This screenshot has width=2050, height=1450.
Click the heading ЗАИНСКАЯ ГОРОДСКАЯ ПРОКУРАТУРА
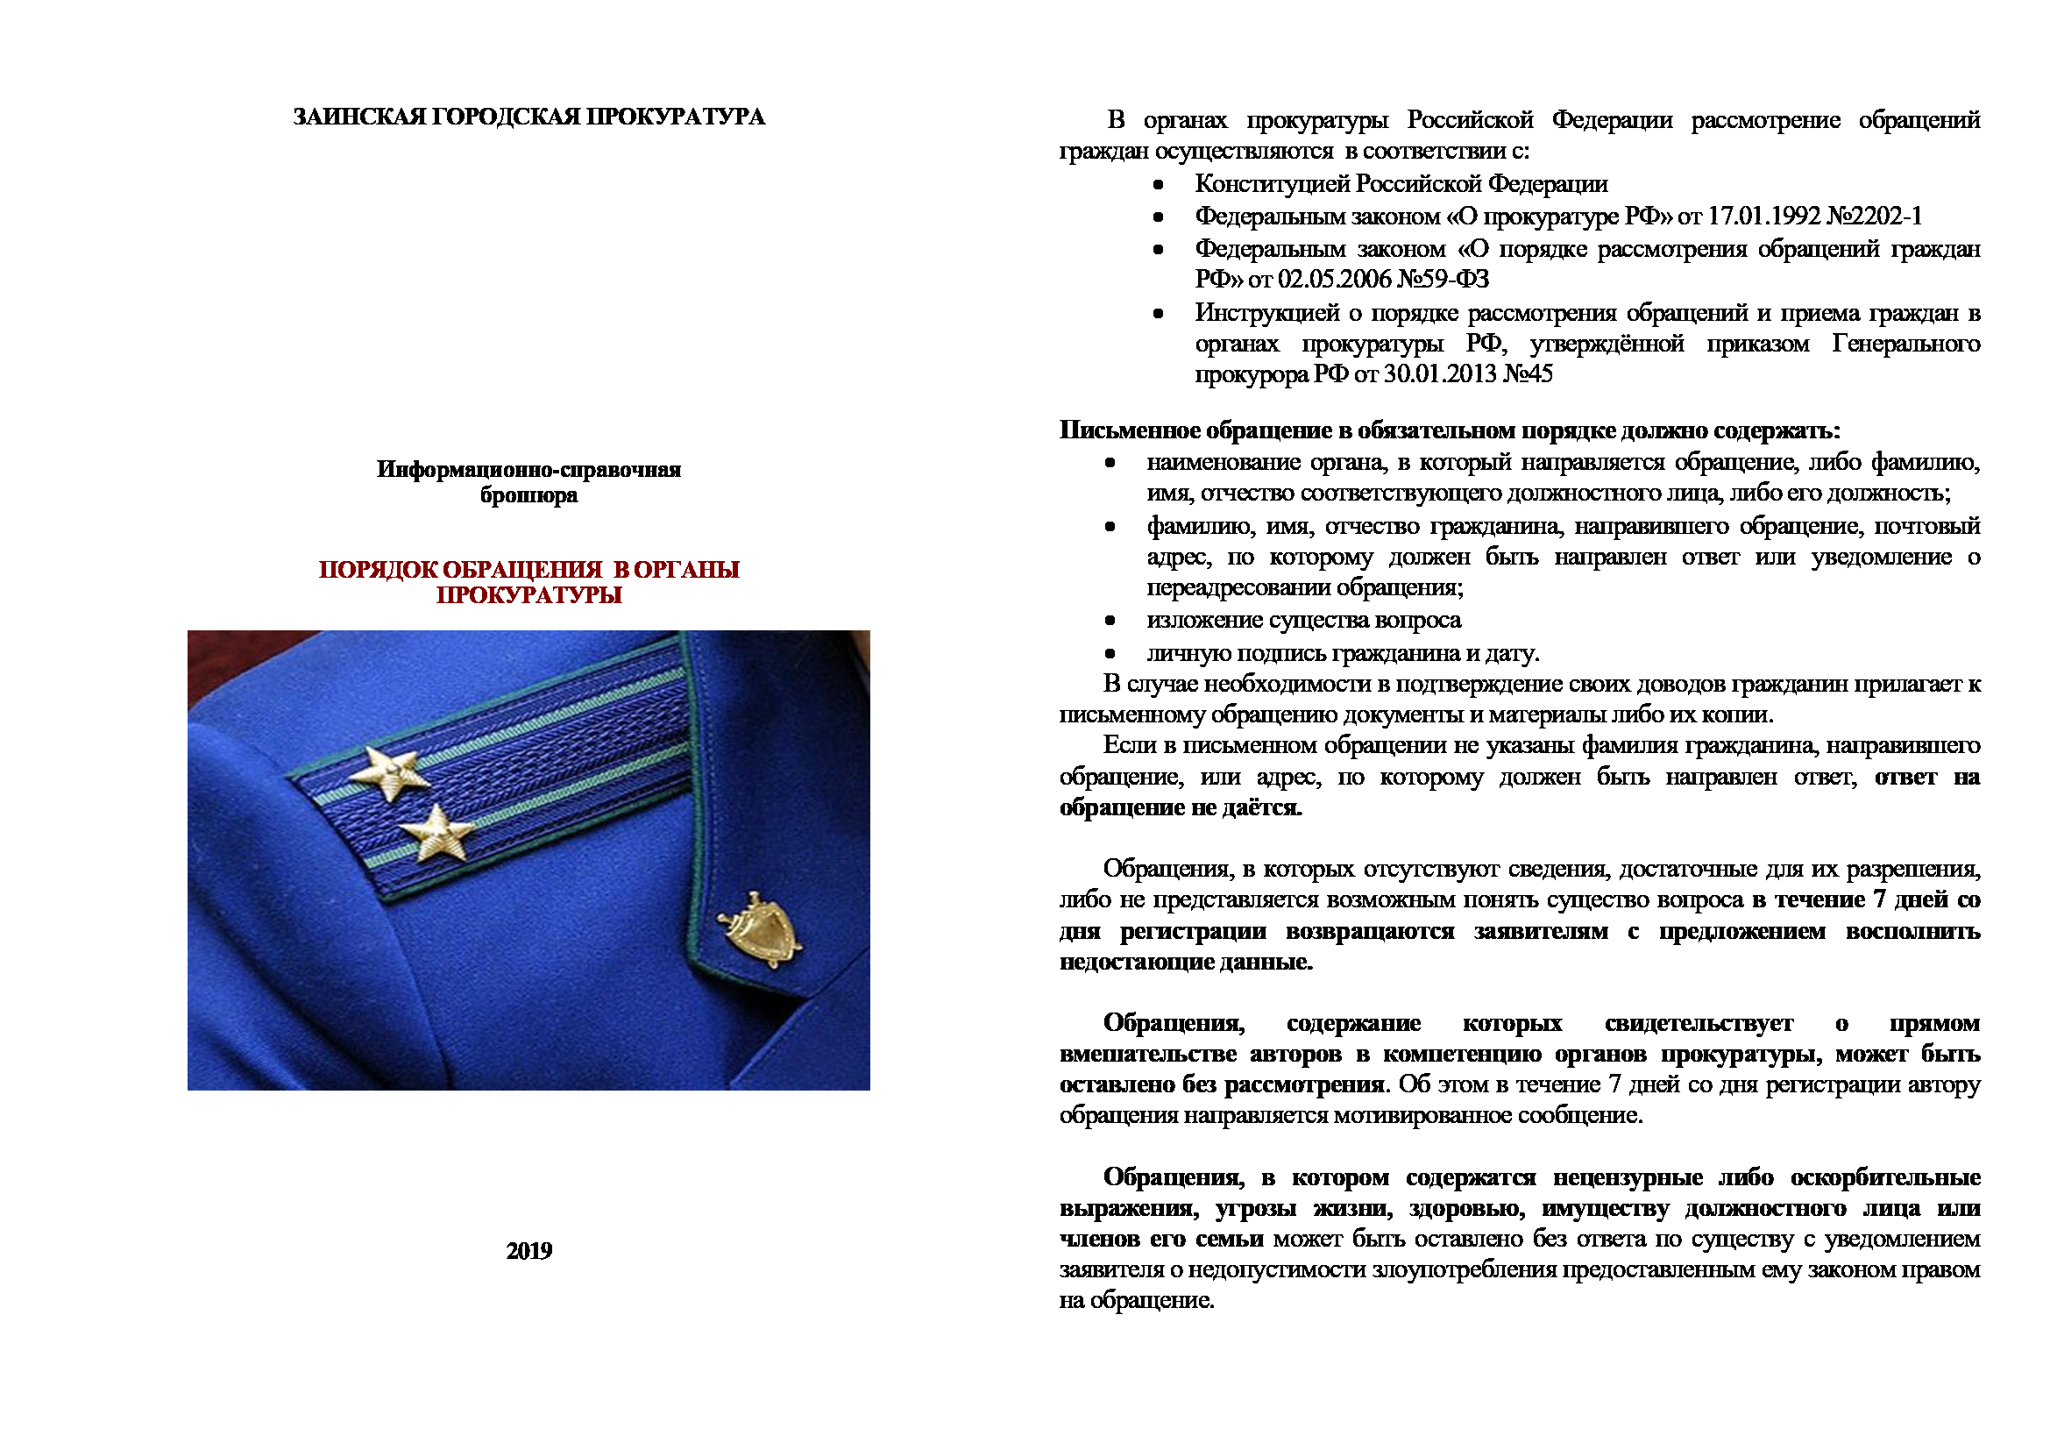click(528, 117)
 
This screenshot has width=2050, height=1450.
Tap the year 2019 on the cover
click(528, 1251)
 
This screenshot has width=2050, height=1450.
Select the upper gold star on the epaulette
click(389, 772)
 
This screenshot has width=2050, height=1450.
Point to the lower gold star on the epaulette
click(436, 833)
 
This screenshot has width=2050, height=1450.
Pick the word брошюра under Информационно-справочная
click(528, 495)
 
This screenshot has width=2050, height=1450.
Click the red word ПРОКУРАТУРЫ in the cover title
click(528, 595)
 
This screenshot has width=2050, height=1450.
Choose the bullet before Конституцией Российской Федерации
click(1158, 185)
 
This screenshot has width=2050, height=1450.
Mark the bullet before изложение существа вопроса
click(1110, 620)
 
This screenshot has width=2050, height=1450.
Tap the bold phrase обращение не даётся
click(1181, 808)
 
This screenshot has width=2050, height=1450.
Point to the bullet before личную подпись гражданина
click(1110, 654)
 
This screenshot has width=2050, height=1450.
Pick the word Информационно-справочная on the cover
click(528, 470)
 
